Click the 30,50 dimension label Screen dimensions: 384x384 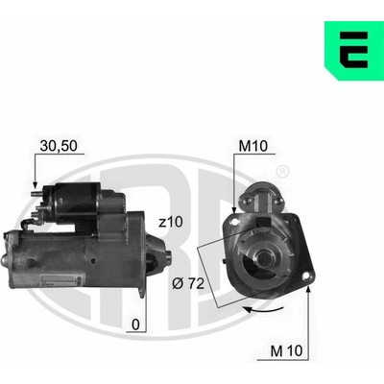point(59,146)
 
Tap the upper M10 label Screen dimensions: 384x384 point(253,146)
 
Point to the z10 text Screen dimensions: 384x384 point(171,222)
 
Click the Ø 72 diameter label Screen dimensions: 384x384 point(188,283)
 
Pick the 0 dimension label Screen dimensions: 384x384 point(136,324)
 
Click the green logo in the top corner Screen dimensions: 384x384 point(354,51)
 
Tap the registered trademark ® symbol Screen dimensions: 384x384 point(282,172)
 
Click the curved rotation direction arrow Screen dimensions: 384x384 point(263,309)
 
